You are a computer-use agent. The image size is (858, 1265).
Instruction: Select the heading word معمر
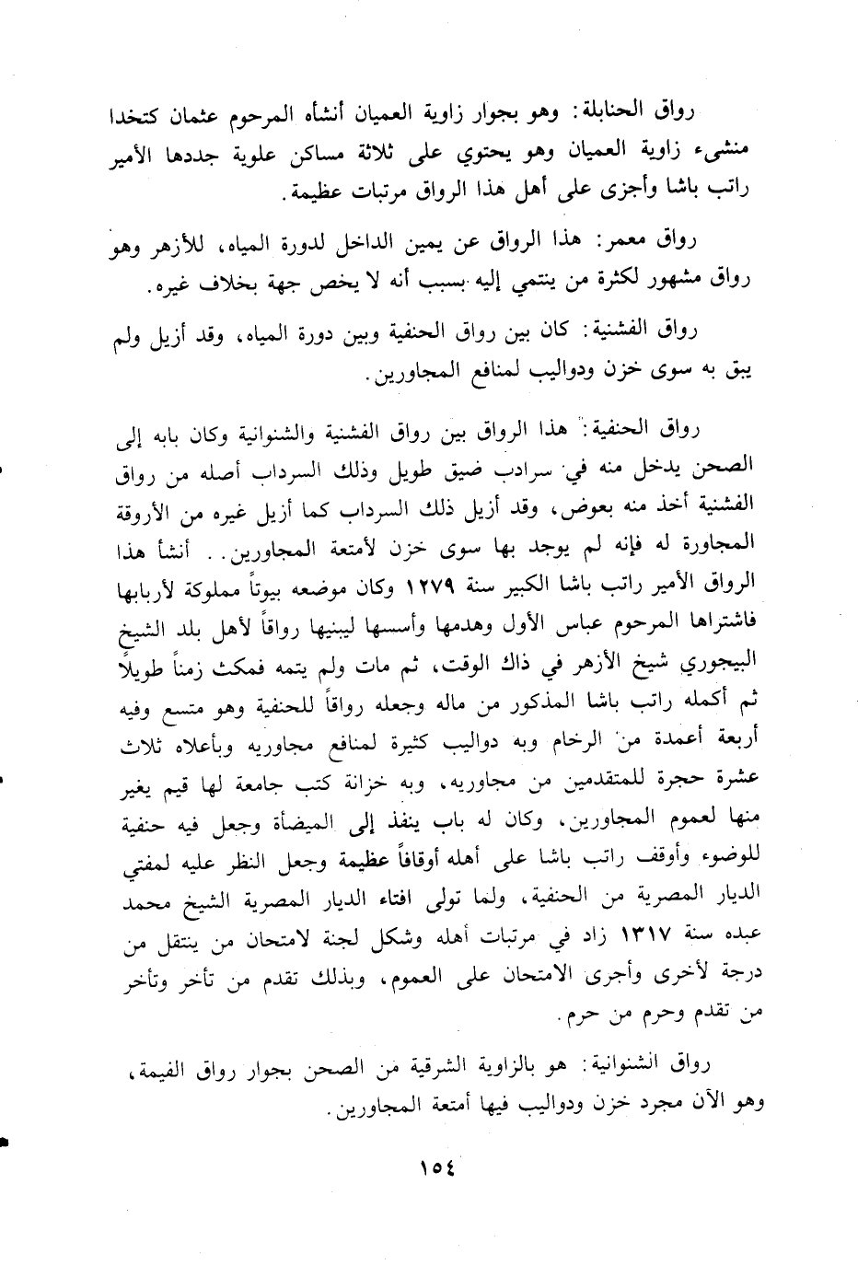pyautogui.click(x=625, y=243)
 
